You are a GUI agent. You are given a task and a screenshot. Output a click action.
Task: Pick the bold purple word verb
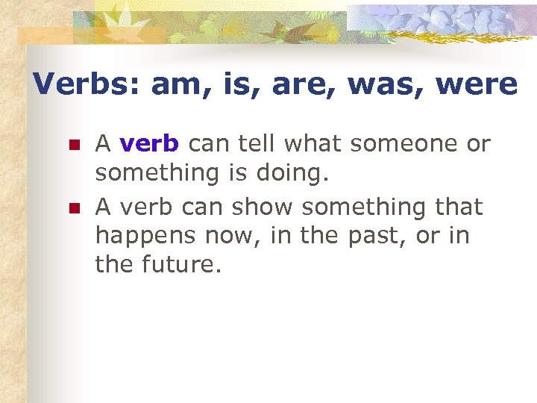pos(149,143)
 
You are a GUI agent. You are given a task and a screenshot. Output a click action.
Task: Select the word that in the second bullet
pos(455,206)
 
